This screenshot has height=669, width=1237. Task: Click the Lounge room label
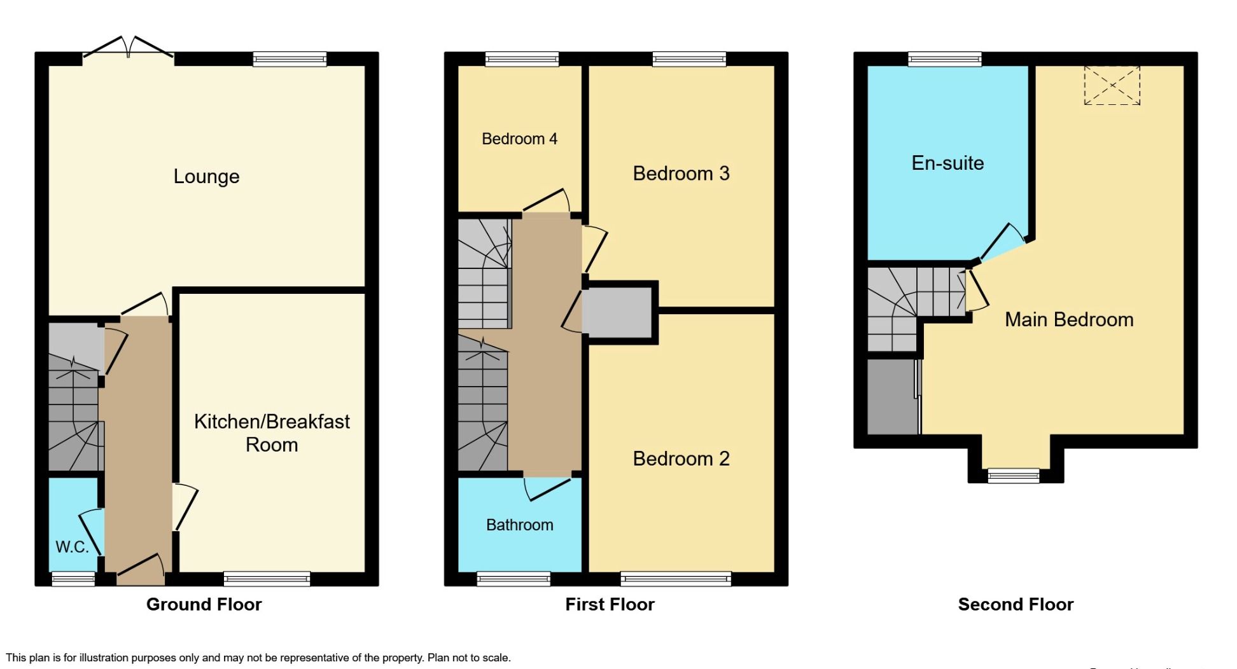tap(206, 176)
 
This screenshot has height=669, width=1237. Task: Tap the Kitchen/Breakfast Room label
tap(272, 432)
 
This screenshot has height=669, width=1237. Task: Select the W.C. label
tap(72, 546)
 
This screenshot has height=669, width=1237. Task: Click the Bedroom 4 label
tap(519, 139)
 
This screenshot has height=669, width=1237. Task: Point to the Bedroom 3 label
tap(681, 173)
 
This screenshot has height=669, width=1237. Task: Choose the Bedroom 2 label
tap(681, 458)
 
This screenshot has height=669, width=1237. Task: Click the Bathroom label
tap(519, 525)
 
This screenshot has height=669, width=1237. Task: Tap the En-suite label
tap(947, 163)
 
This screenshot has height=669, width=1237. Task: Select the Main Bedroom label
tap(1069, 319)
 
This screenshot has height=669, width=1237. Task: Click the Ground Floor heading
tap(204, 604)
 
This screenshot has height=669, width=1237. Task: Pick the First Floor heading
tap(610, 604)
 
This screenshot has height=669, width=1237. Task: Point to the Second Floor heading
tap(1016, 604)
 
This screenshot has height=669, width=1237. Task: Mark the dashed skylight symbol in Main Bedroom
tap(1112, 85)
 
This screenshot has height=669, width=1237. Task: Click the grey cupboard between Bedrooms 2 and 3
tap(617, 312)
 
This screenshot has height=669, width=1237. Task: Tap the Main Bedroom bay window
tap(1013, 474)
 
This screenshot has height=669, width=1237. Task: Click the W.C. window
tap(73, 578)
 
